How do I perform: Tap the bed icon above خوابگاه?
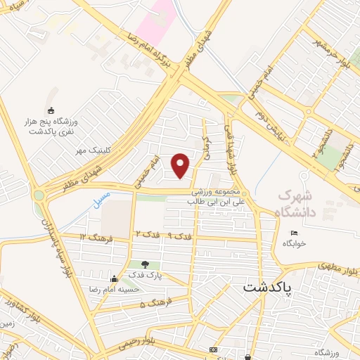coord(295,233)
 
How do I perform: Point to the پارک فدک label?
coord(145,275)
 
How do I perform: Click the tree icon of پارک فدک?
coord(145,264)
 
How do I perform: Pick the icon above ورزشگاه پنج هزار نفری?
coord(50,110)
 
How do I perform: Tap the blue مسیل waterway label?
coord(101,200)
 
